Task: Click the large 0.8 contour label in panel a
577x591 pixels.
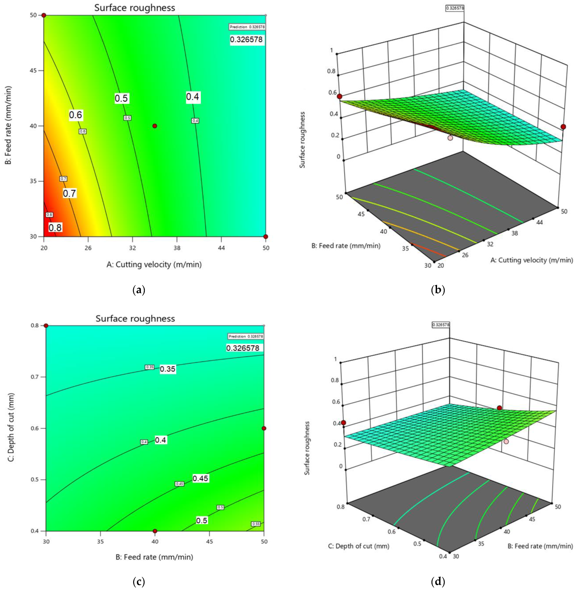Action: [x=55, y=228]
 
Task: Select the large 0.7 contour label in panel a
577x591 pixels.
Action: [x=69, y=193]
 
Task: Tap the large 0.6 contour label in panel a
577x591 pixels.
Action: [x=75, y=115]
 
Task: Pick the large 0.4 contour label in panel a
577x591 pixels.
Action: [x=192, y=97]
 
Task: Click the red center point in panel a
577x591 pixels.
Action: [x=155, y=126]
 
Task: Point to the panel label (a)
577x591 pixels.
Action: [x=139, y=290]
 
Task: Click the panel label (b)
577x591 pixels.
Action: [x=438, y=290]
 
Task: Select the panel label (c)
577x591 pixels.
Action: [x=139, y=581]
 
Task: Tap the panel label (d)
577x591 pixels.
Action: [x=438, y=581]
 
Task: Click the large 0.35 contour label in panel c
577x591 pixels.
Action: [x=168, y=369]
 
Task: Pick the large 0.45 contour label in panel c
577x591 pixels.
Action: [x=200, y=478]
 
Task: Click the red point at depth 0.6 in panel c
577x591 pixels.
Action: [x=264, y=428]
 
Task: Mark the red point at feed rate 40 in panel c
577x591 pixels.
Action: [x=155, y=531]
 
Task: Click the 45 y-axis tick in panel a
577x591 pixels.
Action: [x=33, y=71]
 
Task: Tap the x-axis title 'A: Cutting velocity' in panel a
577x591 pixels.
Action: [x=154, y=265]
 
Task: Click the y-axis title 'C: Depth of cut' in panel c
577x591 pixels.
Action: [x=11, y=427]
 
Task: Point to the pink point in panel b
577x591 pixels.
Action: [x=450, y=138]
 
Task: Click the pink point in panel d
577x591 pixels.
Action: [x=506, y=441]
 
